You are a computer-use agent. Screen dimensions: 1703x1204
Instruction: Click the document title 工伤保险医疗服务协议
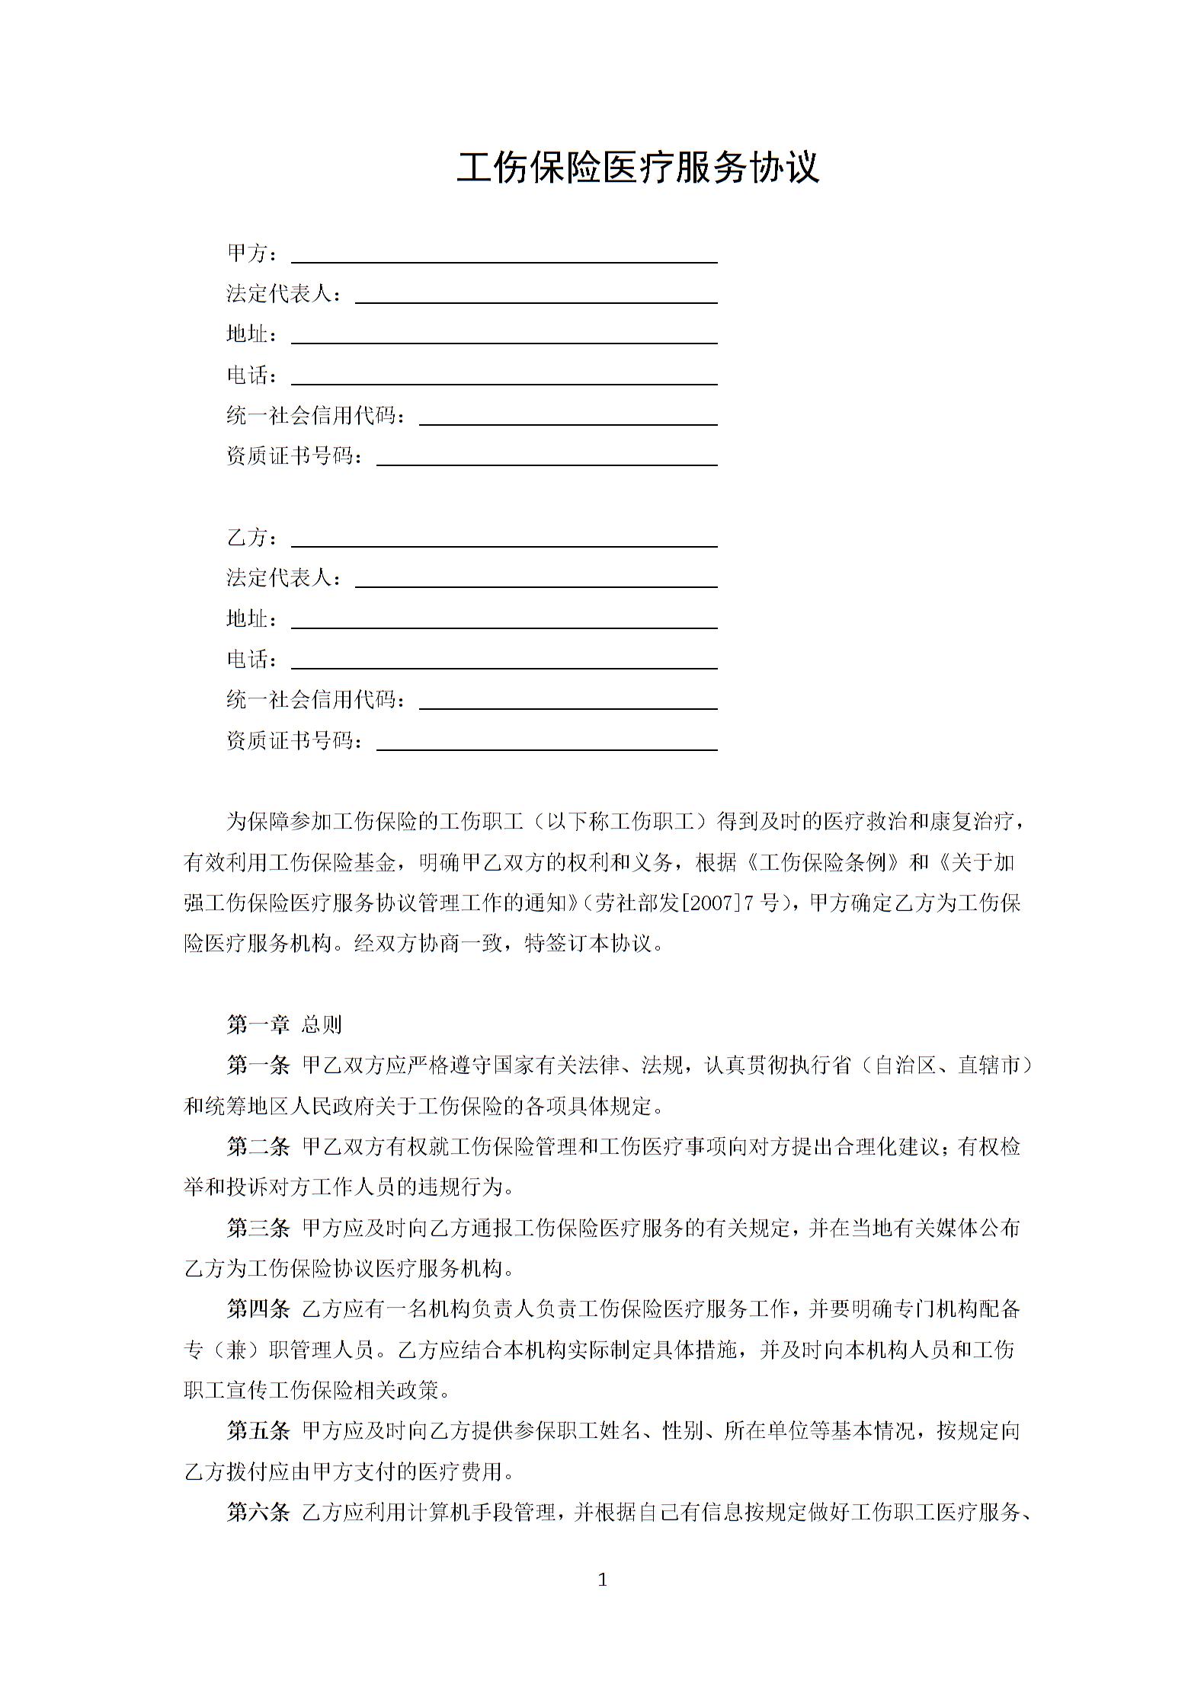click(x=638, y=168)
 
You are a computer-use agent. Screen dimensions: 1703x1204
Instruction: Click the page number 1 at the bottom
click(x=602, y=1580)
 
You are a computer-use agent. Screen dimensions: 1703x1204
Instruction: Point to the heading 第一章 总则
click(x=284, y=1024)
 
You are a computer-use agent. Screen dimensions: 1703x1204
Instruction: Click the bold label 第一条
click(x=258, y=1065)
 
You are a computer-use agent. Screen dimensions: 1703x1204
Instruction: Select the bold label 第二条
click(x=258, y=1146)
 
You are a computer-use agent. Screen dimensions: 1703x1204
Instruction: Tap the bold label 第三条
click(x=258, y=1228)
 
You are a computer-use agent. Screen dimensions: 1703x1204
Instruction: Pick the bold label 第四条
click(x=258, y=1309)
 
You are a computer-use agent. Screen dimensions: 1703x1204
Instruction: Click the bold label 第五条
click(x=258, y=1431)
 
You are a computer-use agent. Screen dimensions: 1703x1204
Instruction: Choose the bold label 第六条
click(x=258, y=1512)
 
